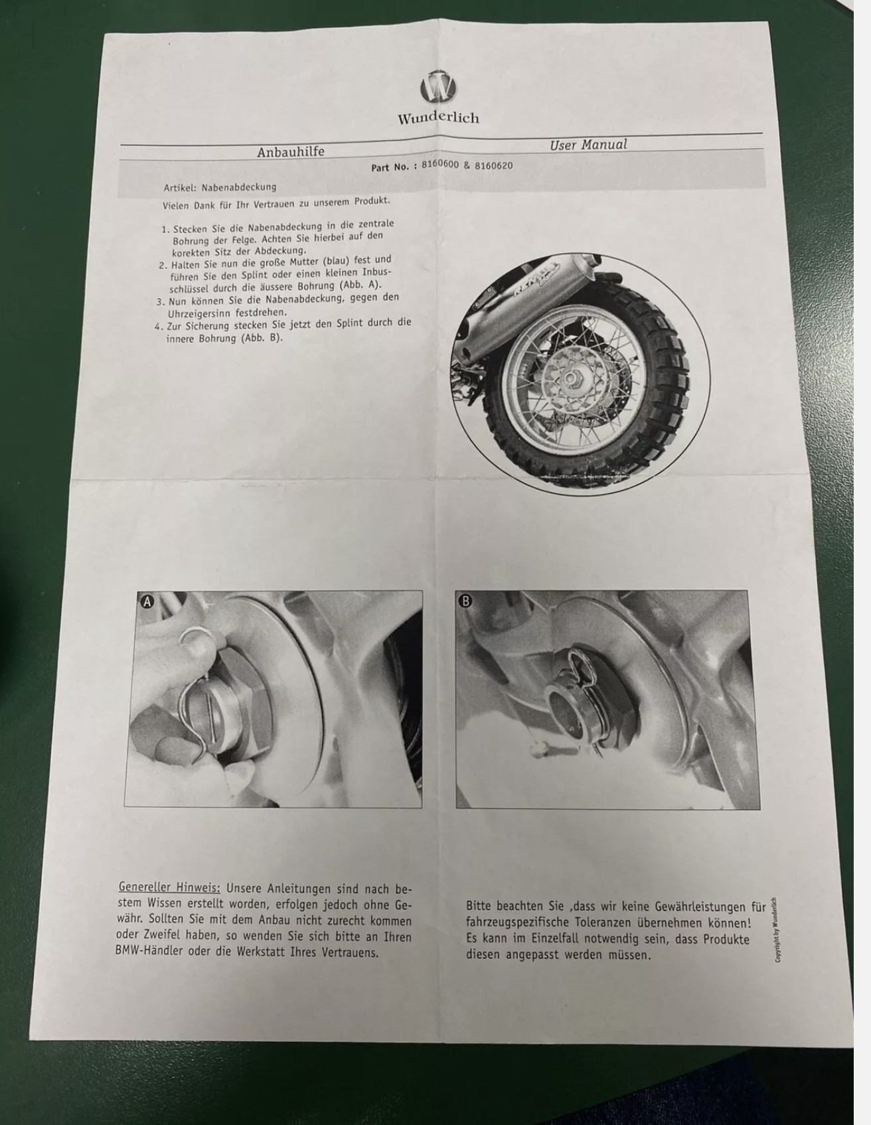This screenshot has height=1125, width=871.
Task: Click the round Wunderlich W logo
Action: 439,87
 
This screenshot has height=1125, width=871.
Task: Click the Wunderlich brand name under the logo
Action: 438,118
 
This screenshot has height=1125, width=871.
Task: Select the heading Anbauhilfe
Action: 291,152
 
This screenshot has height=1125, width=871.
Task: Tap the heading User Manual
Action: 588,145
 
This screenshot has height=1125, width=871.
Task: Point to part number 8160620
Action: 494,165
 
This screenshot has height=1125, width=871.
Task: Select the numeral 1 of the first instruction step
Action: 164,229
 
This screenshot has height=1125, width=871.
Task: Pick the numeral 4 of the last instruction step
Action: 157,326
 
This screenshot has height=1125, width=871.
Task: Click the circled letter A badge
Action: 147,601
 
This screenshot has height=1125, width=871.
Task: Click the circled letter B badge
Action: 465,601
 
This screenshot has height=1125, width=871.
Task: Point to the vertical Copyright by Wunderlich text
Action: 777,929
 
